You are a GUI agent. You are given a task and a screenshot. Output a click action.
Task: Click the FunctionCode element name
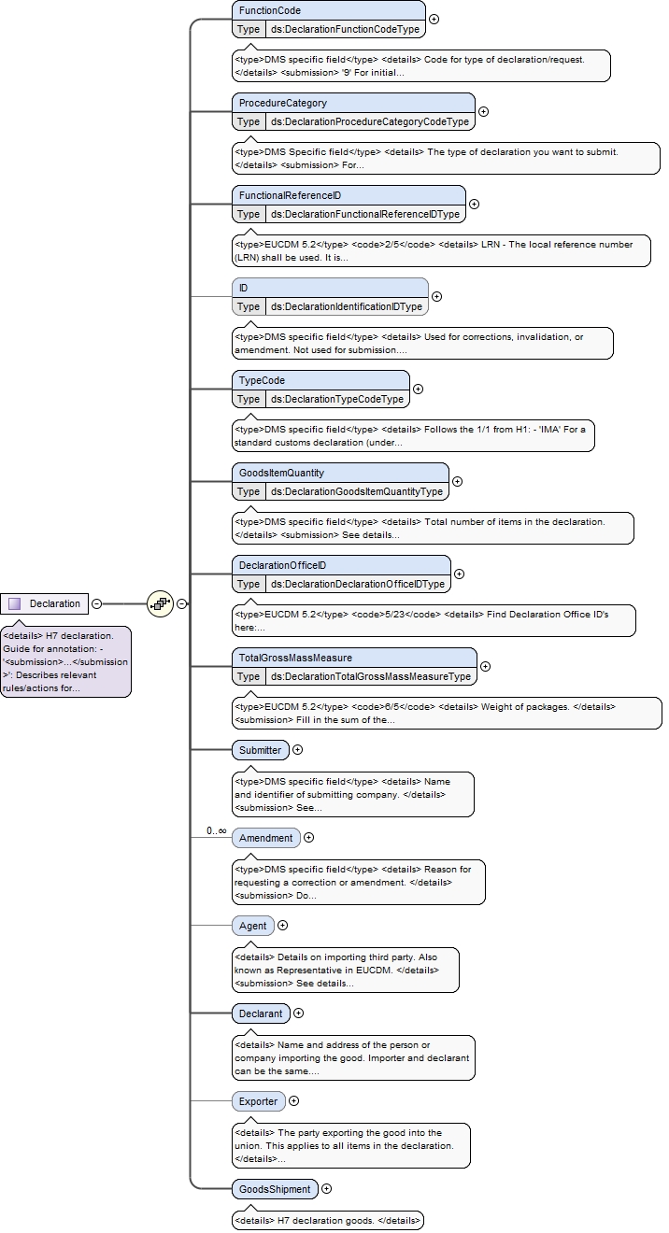pyautogui.click(x=270, y=10)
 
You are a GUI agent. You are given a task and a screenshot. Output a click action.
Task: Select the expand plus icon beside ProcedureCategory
pyautogui.click(x=483, y=112)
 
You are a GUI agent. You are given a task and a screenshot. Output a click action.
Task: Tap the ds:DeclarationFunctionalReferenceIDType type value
pyautogui.click(x=365, y=214)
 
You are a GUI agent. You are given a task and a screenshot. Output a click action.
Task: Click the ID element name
pyautogui.click(x=243, y=288)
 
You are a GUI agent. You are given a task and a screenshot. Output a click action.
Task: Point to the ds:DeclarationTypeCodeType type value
pyautogui.click(x=337, y=399)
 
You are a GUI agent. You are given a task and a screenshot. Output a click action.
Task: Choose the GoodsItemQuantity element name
pyautogui.click(x=281, y=473)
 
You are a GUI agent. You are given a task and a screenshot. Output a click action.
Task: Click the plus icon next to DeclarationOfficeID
pyautogui.click(x=459, y=574)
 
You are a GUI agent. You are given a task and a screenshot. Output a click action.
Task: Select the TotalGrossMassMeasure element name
pyautogui.click(x=295, y=658)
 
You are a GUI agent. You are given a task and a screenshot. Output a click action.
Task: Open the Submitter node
pyautogui.click(x=261, y=750)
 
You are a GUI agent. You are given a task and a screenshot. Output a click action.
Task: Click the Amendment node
pyautogui.click(x=266, y=838)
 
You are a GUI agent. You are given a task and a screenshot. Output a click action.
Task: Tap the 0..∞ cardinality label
pyautogui.click(x=217, y=830)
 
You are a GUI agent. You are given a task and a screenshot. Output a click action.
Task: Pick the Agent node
pyautogui.click(x=252, y=926)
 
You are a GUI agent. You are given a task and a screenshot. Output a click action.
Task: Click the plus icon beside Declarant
pyautogui.click(x=298, y=1013)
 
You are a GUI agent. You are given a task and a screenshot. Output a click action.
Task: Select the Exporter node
pyautogui.click(x=258, y=1101)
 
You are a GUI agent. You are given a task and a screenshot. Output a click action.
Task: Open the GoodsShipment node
pyautogui.click(x=275, y=1189)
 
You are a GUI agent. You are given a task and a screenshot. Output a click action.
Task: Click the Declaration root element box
pyautogui.click(x=44, y=603)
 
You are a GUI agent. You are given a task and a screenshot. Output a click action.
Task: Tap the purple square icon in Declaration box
pyautogui.click(x=15, y=603)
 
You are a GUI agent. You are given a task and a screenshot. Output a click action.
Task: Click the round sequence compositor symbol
pyautogui.click(x=160, y=603)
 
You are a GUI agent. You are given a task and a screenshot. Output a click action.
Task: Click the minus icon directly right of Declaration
pyautogui.click(x=96, y=603)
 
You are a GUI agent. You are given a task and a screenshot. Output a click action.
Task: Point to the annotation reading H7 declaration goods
pyautogui.click(x=328, y=1220)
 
